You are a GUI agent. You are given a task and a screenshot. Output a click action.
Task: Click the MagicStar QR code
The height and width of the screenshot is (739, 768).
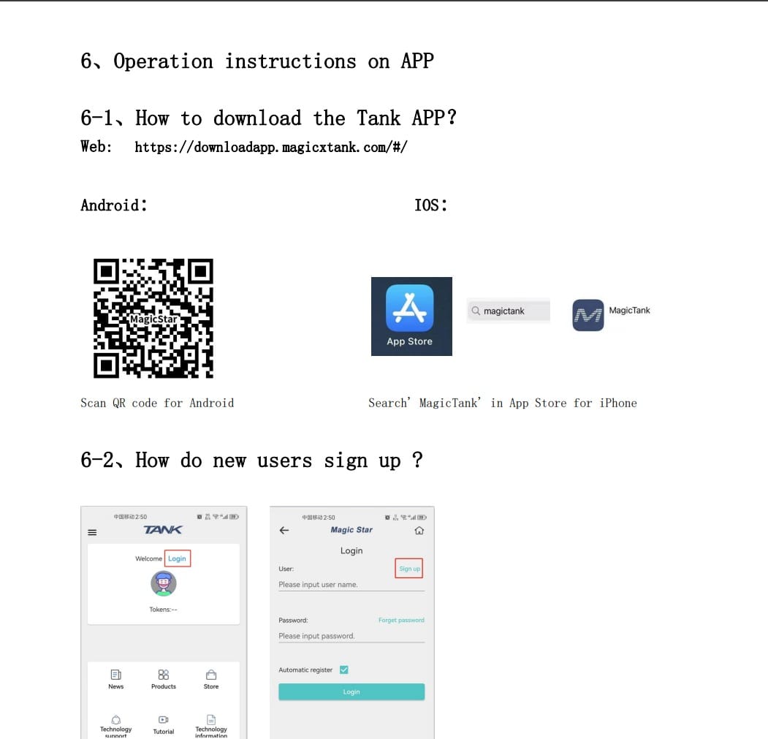tap(153, 318)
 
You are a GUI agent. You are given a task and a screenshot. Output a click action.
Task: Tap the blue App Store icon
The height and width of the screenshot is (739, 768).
tap(410, 308)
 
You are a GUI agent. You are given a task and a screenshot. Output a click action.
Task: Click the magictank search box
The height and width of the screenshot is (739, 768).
tap(508, 311)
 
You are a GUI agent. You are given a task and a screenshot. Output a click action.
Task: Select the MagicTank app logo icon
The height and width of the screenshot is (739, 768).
tap(588, 315)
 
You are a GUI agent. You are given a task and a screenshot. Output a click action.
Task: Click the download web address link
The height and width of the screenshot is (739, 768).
tap(271, 147)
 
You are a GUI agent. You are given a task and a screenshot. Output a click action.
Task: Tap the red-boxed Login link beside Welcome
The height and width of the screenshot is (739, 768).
tap(178, 558)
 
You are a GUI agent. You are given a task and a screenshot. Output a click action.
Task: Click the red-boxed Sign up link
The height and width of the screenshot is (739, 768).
tap(409, 569)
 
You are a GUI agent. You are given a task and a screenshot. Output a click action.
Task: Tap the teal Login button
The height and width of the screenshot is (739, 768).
tap(351, 691)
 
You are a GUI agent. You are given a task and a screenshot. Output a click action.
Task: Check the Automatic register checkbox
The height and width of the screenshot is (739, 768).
tap(344, 670)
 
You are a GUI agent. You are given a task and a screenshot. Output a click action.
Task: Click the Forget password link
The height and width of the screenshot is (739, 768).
tap(401, 620)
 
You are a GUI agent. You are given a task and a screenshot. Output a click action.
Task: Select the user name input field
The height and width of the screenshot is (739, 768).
tap(351, 585)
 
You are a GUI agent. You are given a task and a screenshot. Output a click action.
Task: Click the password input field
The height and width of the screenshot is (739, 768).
tap(351, 636)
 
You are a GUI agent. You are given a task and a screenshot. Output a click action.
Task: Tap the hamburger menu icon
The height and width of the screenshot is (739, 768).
tap(92, 532)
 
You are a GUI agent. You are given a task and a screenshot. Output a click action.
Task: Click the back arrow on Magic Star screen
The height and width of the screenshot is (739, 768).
tap(284, 531)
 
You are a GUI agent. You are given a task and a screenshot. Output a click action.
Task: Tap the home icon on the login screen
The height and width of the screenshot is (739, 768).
tap(419, 531)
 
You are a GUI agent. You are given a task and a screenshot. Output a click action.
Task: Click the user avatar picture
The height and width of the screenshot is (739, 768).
tap(164, 583)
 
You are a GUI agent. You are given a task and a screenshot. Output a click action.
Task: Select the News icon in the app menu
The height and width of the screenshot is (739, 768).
tap(116, 675)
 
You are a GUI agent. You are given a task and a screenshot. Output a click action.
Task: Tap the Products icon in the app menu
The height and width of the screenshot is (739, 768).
tap(164, 675)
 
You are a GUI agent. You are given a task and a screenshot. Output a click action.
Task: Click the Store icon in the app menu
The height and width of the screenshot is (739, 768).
tap(211, 675)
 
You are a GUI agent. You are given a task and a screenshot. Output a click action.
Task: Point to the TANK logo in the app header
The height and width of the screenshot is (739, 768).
tap(163, 530)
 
